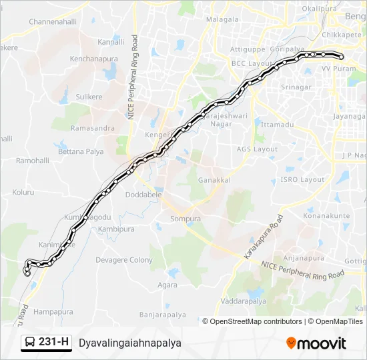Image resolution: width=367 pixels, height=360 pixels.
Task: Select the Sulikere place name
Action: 89,97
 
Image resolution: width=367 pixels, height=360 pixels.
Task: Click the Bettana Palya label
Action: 81,151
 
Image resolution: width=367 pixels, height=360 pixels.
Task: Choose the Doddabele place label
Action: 143,195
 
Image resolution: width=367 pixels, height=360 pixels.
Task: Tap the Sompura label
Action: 185,219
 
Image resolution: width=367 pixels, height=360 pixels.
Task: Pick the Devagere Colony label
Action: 124,260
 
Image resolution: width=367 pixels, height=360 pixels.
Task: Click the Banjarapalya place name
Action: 160,314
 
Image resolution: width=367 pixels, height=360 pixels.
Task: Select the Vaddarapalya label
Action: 244,301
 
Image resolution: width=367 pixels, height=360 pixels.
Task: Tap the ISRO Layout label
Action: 302,180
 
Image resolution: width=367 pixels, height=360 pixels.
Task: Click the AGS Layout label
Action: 257,149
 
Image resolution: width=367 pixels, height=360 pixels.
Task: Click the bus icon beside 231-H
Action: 29,343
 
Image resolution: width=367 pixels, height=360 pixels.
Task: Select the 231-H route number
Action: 53,343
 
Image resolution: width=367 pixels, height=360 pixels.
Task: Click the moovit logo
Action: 316,343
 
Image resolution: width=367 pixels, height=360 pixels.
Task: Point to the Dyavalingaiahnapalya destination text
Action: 129,343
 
